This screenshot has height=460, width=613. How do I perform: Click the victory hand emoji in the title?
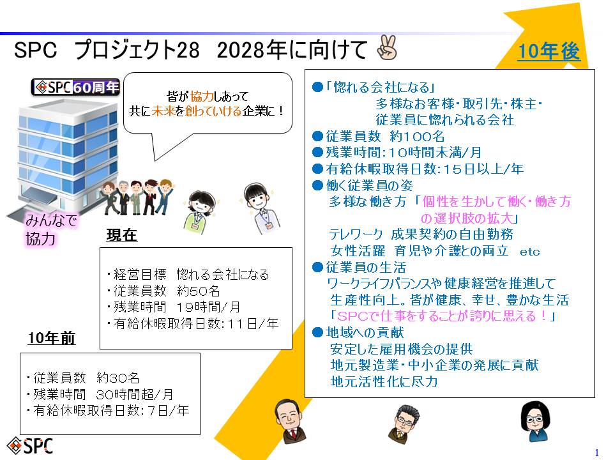click(387, 48)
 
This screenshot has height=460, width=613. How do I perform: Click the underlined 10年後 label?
click(549, 51)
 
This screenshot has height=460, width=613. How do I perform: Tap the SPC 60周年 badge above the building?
click(75, 87)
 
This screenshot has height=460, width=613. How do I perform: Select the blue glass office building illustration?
click(64, 157)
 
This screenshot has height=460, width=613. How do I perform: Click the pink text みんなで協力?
click(51, 229)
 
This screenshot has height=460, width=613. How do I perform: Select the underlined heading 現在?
click(121, 235)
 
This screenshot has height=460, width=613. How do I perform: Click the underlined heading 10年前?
click(52, 338)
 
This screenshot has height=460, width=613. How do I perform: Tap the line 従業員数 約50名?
click(163, 291)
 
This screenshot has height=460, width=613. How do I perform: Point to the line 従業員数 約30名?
click(83, 378)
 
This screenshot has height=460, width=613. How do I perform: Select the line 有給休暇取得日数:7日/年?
click(107, 410)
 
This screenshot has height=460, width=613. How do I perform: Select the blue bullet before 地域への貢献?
click(317, 332)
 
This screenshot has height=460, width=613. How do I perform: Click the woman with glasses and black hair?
click(535, 420)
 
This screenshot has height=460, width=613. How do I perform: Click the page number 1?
click(596, 452)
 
